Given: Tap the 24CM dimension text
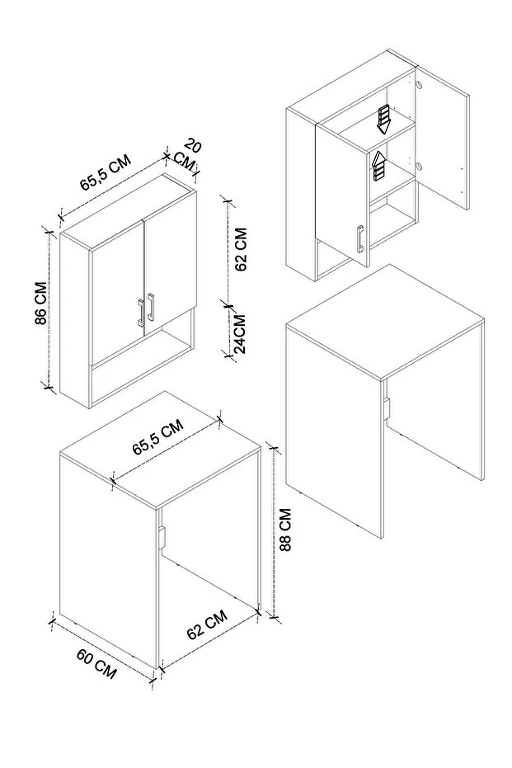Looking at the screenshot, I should tap(239, 333).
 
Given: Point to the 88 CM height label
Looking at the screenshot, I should tap(284, 533).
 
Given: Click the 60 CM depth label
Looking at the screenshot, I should tap(96, 662).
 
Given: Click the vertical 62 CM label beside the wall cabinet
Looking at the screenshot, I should tap(241, 249).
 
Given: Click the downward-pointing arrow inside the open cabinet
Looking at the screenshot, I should tap(383, 119).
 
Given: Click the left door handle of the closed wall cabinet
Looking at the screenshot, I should tap(140, 312).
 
